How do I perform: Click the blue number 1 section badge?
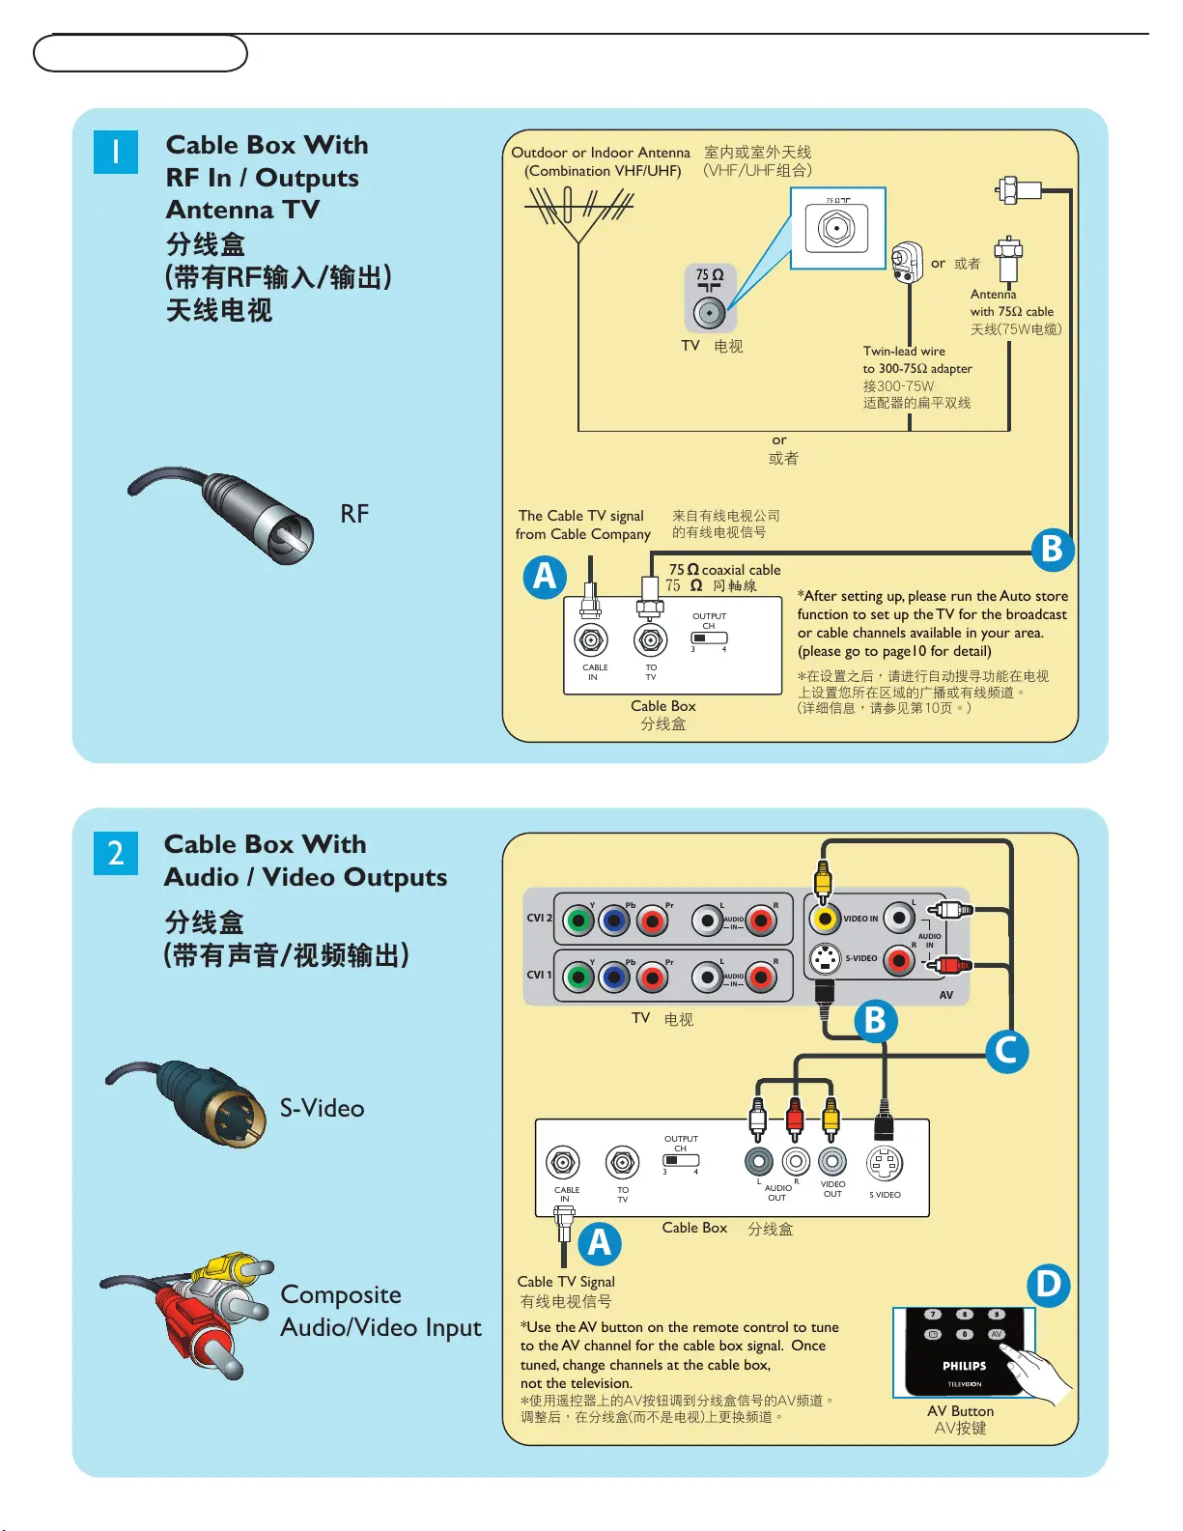click(116, 153)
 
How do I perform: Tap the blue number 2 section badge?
click(116, 853)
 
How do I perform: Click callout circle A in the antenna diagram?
click(545, 577)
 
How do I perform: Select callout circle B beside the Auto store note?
click(1052, 549)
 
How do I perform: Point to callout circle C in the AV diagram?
click(1006, 1050)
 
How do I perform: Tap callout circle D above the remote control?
click(1048, 1285)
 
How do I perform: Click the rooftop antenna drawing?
click(577, 213)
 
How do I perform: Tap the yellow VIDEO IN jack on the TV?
click(824, 918)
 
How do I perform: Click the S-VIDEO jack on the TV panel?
click(824, 959)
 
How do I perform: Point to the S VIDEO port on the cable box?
click(885, 1164)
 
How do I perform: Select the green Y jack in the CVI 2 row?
click(577, 921)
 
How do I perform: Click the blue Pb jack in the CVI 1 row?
click(614, 978)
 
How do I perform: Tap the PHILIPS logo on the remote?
click(964, 1366)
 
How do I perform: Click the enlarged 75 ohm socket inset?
click(837, 228)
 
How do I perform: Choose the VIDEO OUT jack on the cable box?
click(831, 1161)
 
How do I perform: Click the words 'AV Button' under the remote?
click(960, 1411)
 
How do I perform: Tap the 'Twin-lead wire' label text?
click(904, 352)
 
